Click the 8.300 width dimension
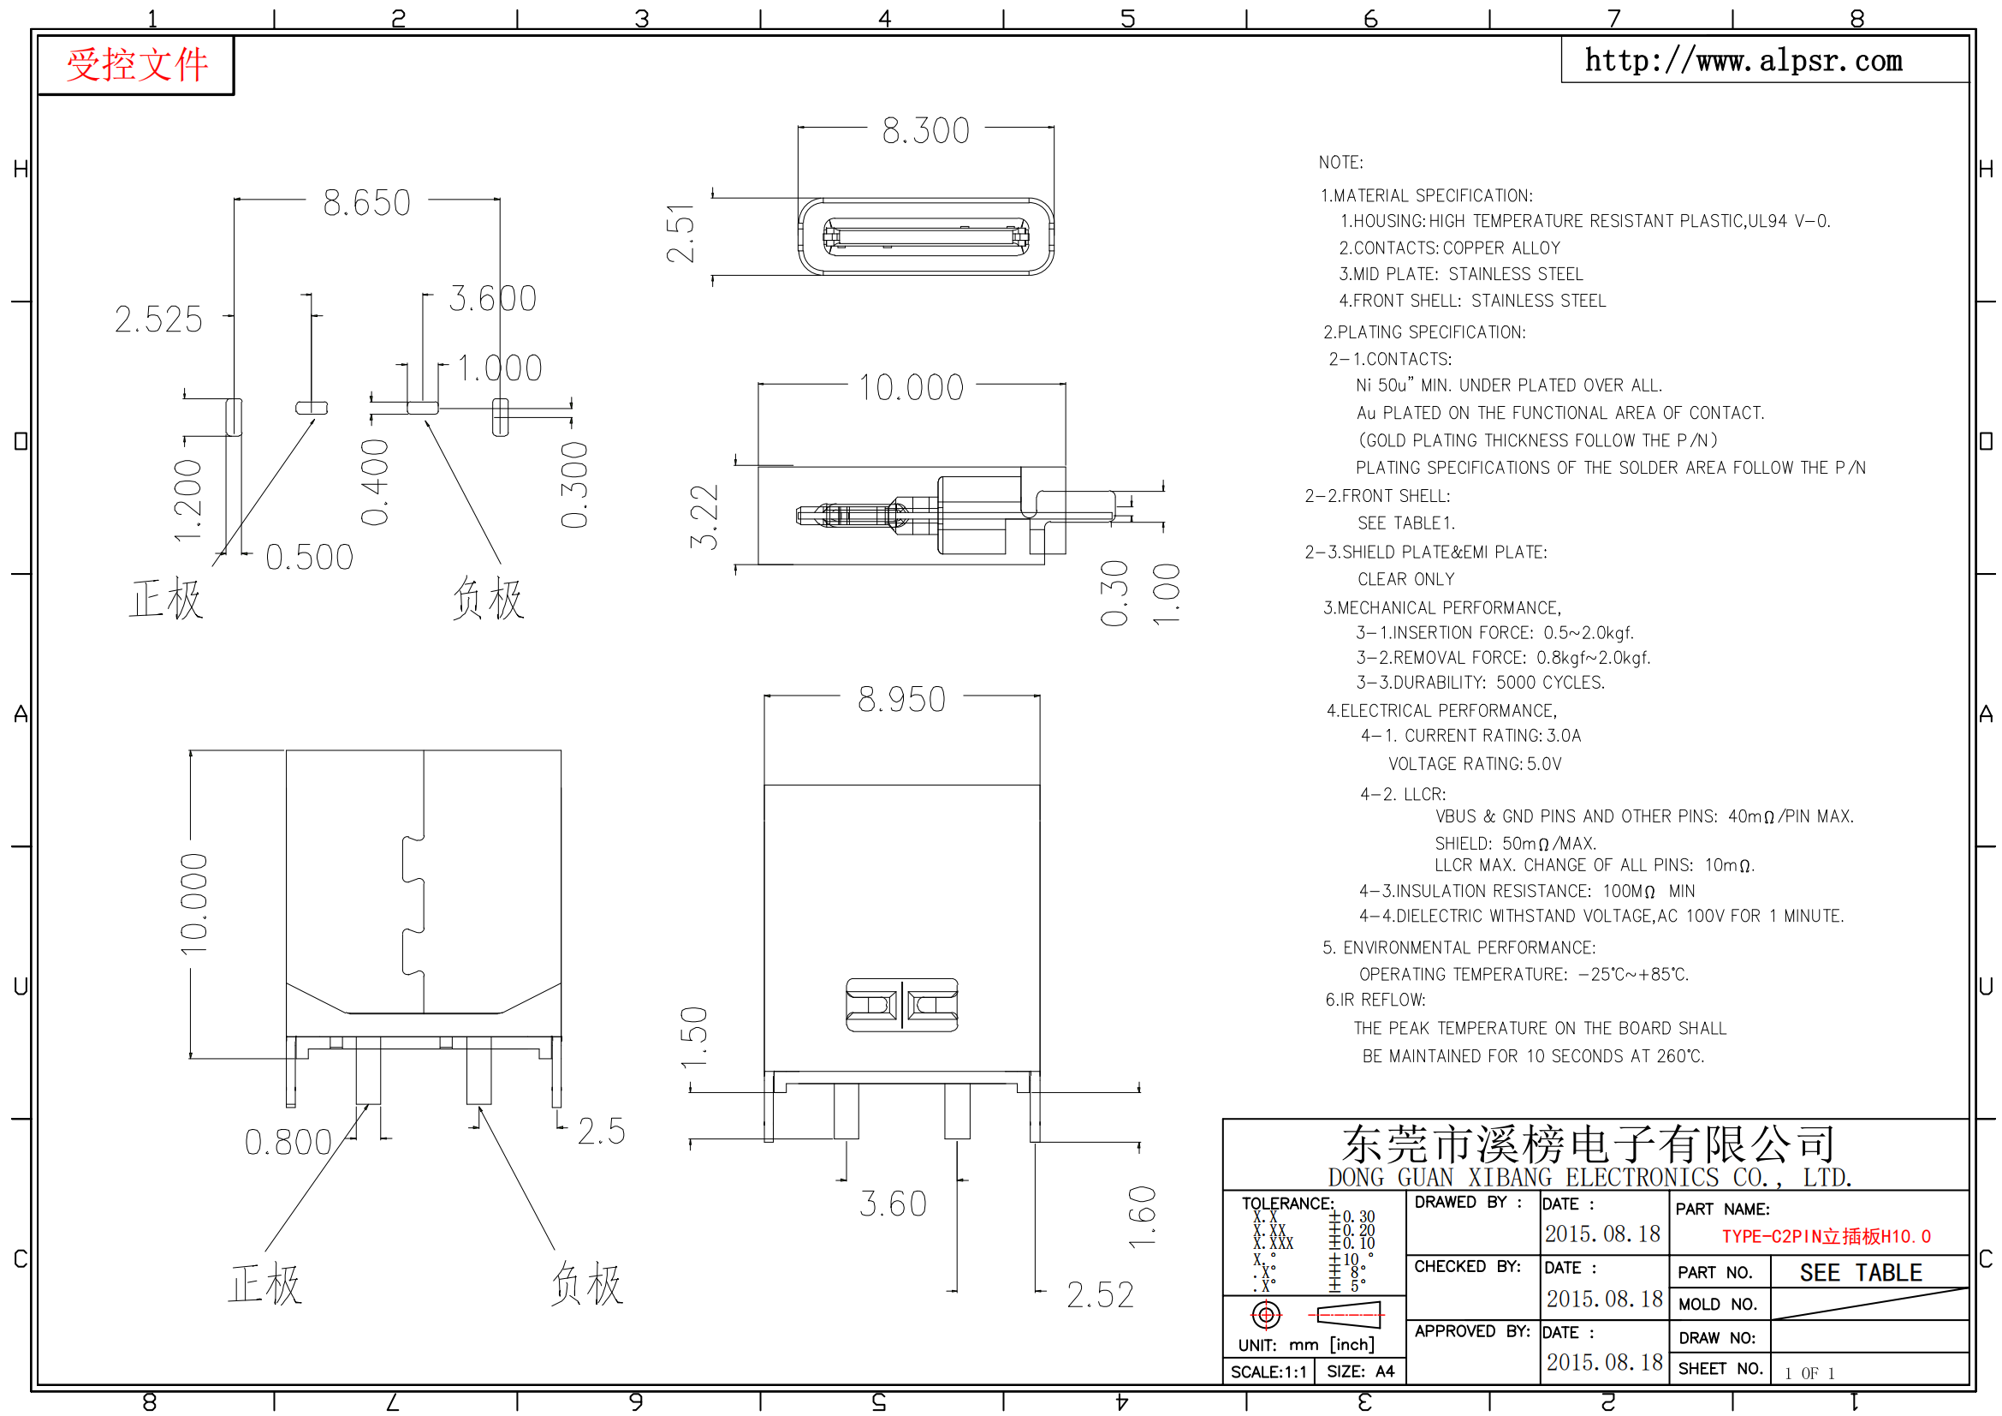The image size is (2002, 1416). tap(925, 131)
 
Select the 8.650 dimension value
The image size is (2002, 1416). tap(366, 203)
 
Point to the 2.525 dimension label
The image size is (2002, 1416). tap(158, 320)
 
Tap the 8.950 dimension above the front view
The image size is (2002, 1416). tap(901, 700)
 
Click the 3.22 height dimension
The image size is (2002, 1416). tap(704, 517)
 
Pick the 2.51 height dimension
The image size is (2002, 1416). tap(680, 233)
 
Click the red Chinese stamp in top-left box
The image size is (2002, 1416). tap(137, 65)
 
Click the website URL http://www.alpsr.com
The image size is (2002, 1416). tap(1743, 60)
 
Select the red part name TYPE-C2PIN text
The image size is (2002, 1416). tap(1826, 1236)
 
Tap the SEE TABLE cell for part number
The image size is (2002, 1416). tap(1860, 1273)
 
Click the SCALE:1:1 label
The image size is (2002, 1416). tap(1268, 1372)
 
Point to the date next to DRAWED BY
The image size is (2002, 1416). tap(1602, 1234)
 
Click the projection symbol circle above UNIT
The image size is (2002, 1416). tap(1266, 1315)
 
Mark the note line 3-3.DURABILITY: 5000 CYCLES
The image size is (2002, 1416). tap(1480, 682)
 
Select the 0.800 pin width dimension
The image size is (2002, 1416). tap(288, 1143)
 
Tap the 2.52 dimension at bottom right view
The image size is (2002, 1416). tap(1101, 1295)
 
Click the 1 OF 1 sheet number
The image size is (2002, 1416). tap(1809, 1373)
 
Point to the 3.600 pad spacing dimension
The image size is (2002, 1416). tap(493, 299)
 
